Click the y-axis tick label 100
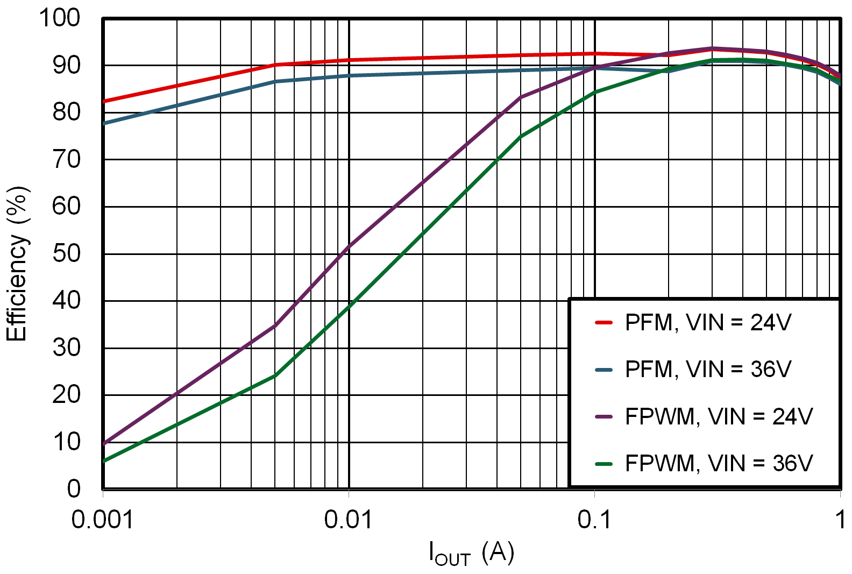(x=60, y=18)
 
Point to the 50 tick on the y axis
(x=67, y=253)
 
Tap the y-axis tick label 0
(x=74, y=488)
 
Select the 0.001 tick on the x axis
(x=102, y=520)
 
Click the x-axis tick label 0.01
(x=348, y=520)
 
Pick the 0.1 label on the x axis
(x=594, y=520)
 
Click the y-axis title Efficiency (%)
(x=17, y=264)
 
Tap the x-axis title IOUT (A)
(x=471, y=553)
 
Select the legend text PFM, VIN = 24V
(x=708, y=323)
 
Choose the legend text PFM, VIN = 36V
(x=708, y=370)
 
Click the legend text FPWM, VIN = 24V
(x=719, y=416)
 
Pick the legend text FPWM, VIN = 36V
(x=719, y=463)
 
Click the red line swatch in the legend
(x=604, y=323)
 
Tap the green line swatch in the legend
(x=604, y=463)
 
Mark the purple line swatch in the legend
(x=604, y=416)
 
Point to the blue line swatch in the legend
(x=604, y=370)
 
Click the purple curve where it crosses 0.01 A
(x=349, y=247)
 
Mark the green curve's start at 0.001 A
(x=104, y=461)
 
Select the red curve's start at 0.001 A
(x=104, y=101)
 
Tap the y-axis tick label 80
(x=67, y=112)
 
